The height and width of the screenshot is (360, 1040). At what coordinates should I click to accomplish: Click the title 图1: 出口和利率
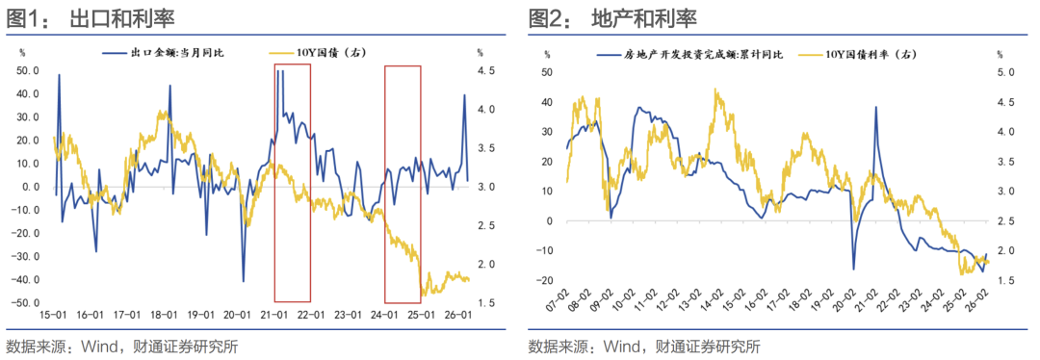[x=91, y=18]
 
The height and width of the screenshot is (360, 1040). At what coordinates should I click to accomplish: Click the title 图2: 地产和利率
[x=612, y=18]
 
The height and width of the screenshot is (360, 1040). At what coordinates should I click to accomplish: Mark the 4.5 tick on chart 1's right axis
[x=486, y=70]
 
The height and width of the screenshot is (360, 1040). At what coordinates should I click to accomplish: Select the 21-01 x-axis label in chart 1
[x=273, y=315]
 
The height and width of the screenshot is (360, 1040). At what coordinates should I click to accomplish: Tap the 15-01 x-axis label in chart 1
[x=53, y=315]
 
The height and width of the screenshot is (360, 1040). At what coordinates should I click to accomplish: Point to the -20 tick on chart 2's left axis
[x=548, y=280]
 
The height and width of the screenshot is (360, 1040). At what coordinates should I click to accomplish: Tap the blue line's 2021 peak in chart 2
[x=876, y=107]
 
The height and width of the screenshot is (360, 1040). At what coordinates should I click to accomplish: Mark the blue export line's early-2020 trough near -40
[x=244, y=281]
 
